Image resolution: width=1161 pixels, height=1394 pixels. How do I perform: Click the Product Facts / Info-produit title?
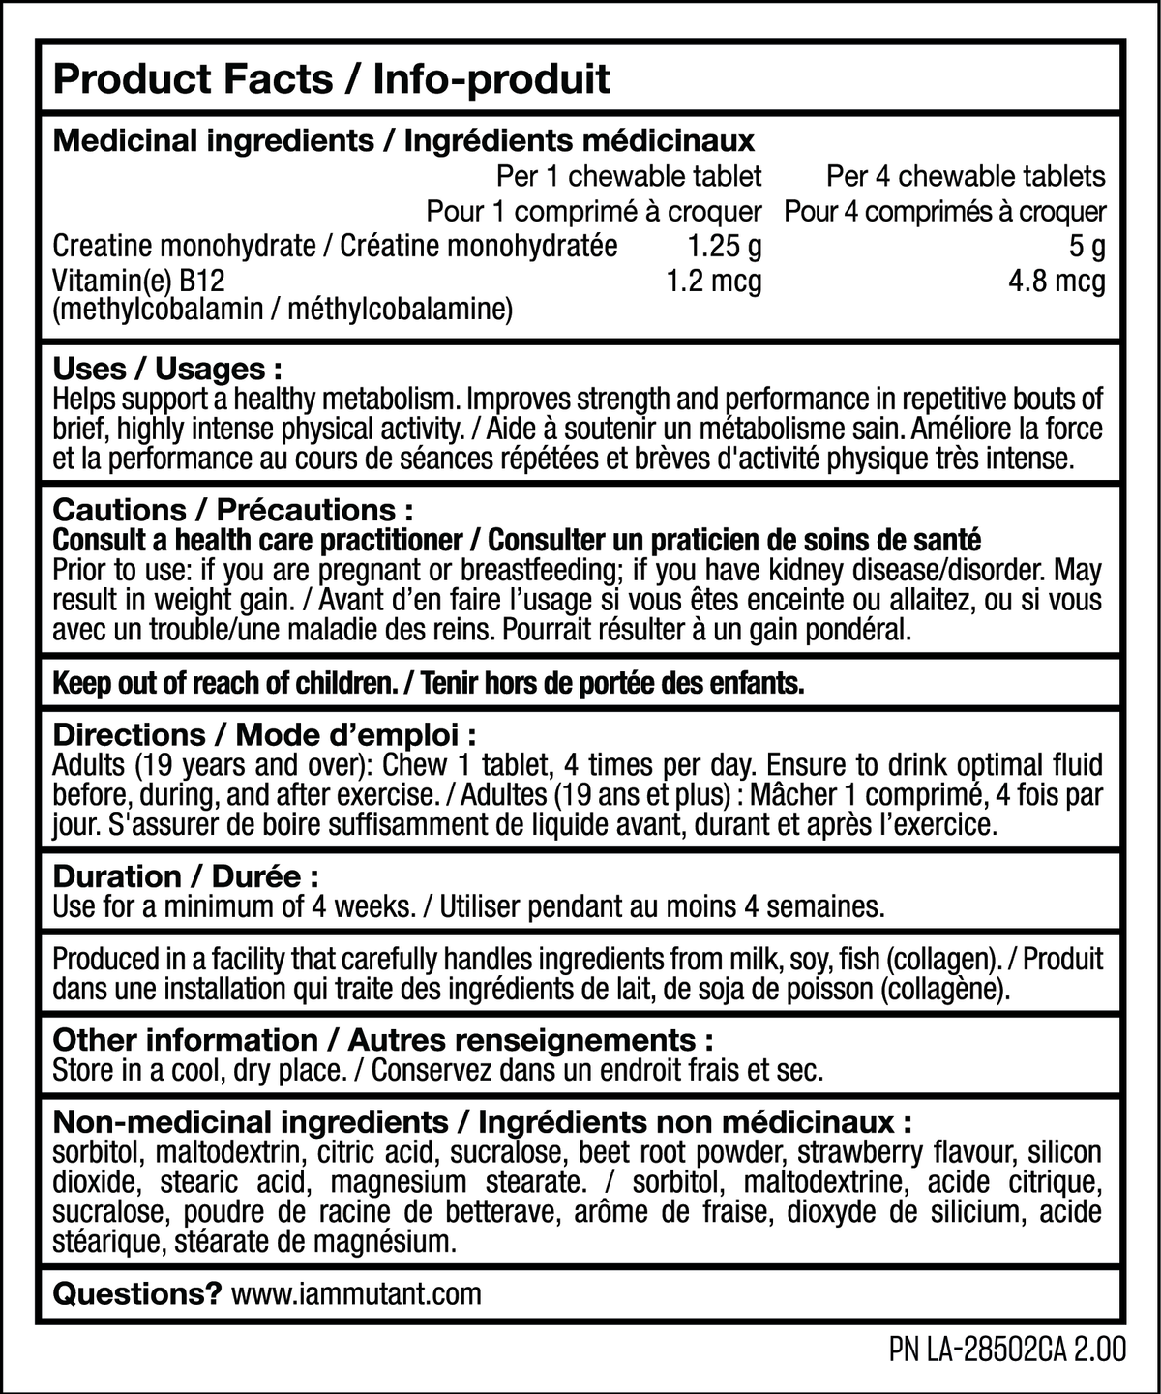pos(331,79)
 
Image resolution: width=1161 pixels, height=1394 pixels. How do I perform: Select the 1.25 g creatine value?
pos(721,247)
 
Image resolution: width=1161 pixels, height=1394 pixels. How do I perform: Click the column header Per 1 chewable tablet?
pos(629,176)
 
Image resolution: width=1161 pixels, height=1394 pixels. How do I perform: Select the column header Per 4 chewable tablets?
pos(966,176)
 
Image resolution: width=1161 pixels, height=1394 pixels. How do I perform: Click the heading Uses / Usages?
pos(167,369)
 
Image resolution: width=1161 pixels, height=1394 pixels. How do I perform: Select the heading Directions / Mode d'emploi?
pos(264,734)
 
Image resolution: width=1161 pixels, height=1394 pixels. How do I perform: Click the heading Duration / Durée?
pos(186,876)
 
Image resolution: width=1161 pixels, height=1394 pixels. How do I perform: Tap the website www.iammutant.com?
pos(357,1293)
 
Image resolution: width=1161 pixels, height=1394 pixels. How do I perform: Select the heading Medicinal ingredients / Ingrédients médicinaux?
pos(403,141)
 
